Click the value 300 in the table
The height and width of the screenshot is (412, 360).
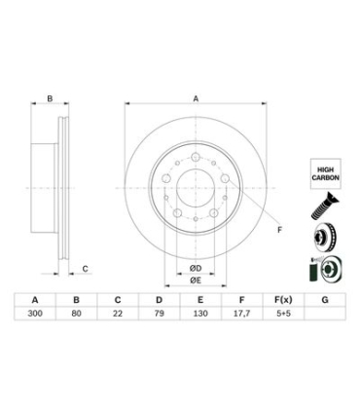[x=35, y=314]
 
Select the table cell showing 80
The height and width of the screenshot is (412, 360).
[x=77, y=314]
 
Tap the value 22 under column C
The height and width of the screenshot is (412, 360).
[x=118, y=314]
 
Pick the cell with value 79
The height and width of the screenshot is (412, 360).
[x=160, y=314]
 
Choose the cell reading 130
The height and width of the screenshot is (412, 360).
[x=200, y=314]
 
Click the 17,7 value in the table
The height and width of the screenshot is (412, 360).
[x=241, y=314]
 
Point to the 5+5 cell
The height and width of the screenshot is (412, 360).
[x=283, y=314]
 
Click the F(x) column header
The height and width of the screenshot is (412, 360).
[x=283, y=300]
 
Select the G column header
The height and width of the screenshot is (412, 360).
[x=325, y=300]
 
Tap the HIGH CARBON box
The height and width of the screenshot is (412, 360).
[x=326, y=173]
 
